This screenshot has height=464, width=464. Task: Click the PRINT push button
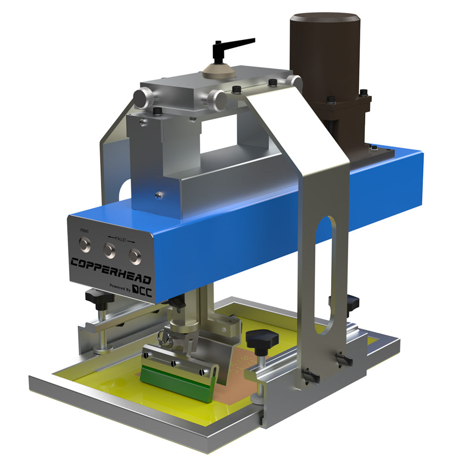tap(85, 245)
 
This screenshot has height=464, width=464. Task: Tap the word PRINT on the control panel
tap(84, 231)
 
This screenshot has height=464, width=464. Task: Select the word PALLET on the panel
tap(121, 239)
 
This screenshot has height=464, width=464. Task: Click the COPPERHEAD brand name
tap(111, 270)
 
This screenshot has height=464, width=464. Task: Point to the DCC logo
tap(142, 291)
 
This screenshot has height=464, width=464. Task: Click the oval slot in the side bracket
tap(325, 275)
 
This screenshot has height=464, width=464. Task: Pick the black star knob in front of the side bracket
tap(262, 339)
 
